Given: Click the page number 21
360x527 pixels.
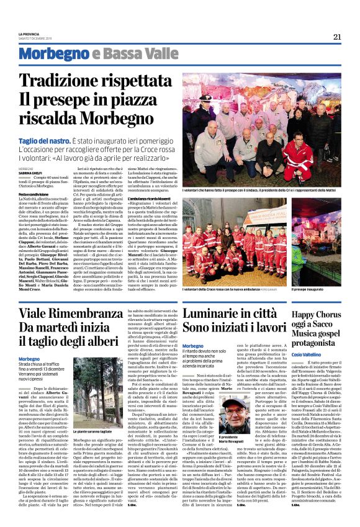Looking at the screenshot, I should (337, 37).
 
